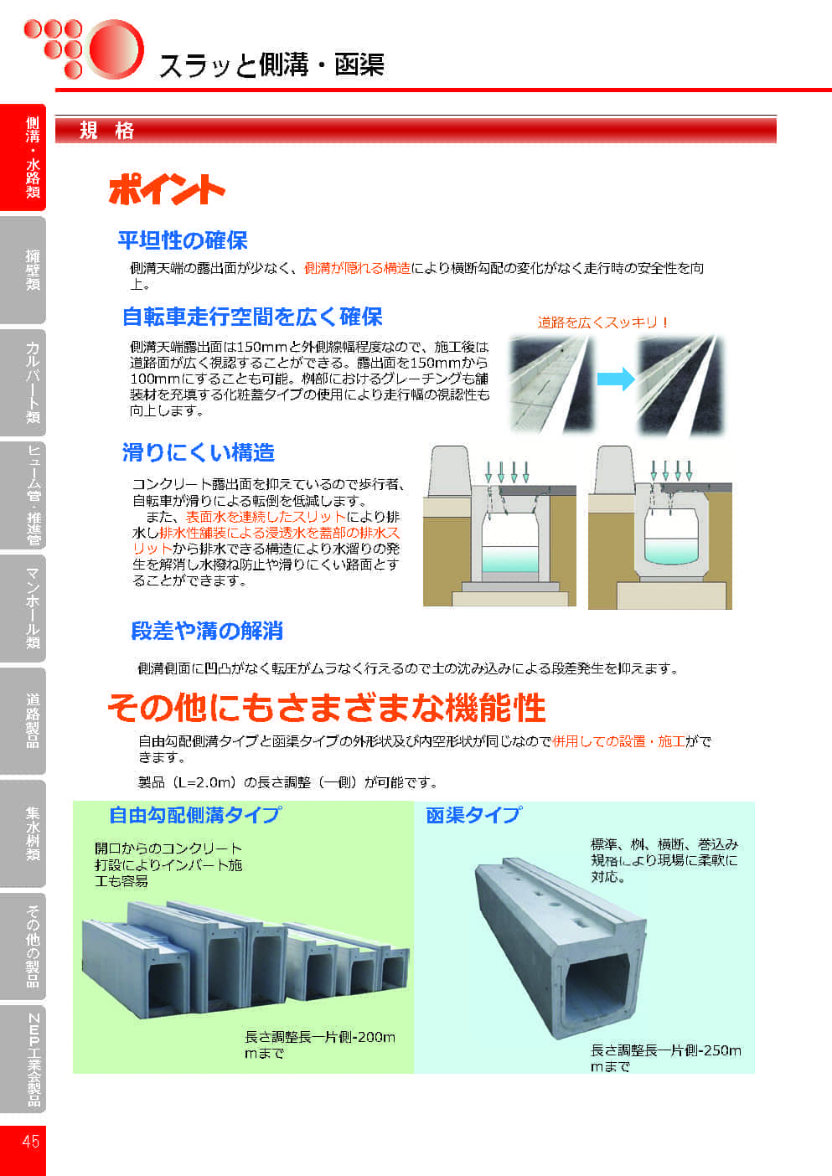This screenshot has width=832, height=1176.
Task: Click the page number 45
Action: [30, 1141]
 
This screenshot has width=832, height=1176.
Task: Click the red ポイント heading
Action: [166, 190]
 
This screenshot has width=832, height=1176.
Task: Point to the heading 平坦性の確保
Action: [182, 240]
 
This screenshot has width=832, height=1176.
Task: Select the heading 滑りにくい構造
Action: [198, 452]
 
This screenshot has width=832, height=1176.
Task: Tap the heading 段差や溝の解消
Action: [206, 631]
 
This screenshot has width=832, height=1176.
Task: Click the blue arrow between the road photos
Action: [615, 379]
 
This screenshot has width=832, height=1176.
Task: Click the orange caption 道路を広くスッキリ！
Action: [602, 322]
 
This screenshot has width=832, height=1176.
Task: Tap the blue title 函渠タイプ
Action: [473, 815]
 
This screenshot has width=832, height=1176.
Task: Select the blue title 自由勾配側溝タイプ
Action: [194, 815]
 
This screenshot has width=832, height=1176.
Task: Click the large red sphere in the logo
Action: [114, 49]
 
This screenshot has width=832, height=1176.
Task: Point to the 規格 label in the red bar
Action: [106, 131]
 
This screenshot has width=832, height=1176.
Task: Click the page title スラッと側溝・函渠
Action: [271, 64]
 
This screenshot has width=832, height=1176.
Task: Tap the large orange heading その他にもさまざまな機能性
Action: [326, 709]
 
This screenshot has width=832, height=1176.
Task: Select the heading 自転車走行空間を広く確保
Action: [251, 317]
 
